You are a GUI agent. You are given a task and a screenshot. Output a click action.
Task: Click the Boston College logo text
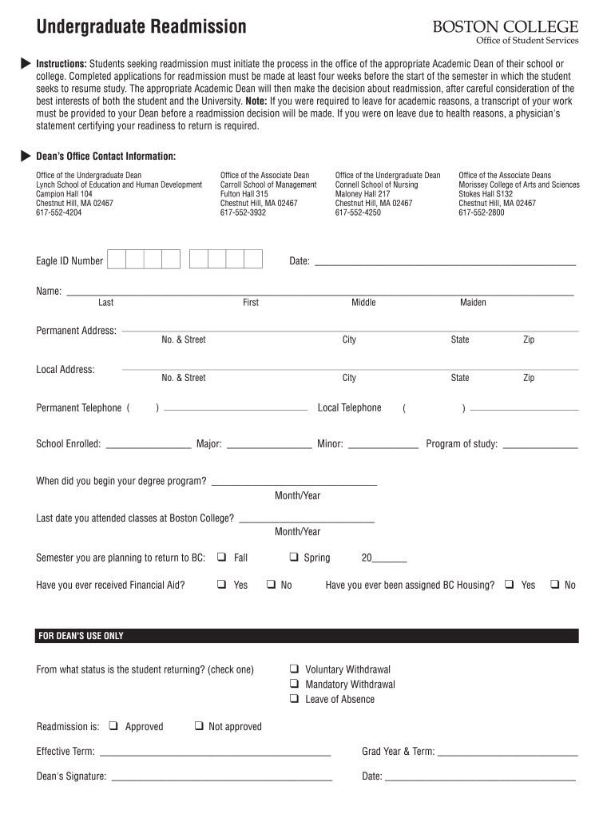click(x=506, y=26)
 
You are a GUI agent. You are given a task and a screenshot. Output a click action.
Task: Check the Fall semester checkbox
click(x=221, y=558)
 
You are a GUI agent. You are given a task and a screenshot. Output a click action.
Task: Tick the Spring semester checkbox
click(x=294, y=558)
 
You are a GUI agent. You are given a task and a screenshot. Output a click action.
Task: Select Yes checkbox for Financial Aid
click(x=221, y=585)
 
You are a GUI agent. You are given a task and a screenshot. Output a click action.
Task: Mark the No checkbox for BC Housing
click(x=553, y=585)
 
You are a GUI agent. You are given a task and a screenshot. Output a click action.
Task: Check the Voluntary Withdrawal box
click(x=294, y=669)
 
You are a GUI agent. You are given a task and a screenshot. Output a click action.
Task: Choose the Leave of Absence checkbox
click(x=294, y=699)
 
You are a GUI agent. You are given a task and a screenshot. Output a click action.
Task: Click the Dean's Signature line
click(x=221, y=777)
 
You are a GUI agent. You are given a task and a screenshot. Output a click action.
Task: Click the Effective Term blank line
click(x=215, y=753)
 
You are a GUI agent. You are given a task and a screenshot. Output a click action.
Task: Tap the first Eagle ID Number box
click(x=117, y=260)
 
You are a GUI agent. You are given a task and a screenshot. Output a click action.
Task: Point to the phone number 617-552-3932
click(x=244, y=213)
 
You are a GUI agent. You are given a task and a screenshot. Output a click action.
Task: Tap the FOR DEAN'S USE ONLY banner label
click(x=81, y=637)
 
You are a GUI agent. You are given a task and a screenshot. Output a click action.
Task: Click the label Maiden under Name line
click(x=473, y=303)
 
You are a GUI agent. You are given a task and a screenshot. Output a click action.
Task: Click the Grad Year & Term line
click(x=507, y=753)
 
